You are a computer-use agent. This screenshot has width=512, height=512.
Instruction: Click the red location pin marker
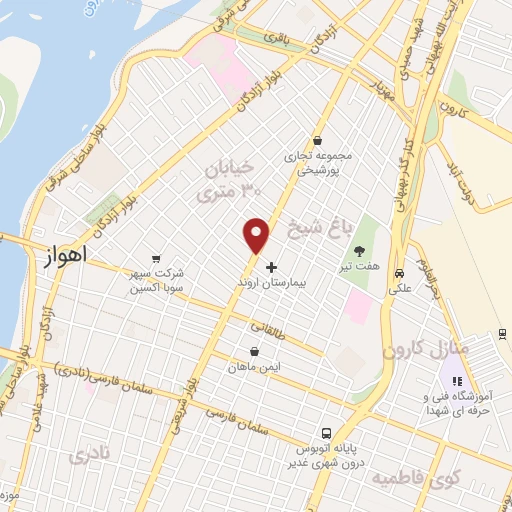(x=258, y=235)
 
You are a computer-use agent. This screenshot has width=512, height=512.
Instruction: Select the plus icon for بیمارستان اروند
(x=270, y=268)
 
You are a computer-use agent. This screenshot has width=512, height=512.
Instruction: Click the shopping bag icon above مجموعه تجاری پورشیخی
(x=316, y=141)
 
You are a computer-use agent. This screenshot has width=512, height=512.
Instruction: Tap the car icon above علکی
(x=400, y=273)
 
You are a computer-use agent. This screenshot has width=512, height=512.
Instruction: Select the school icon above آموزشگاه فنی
(x=455, y=381)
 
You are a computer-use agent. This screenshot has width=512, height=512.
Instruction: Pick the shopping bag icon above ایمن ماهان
(x=254, y=352)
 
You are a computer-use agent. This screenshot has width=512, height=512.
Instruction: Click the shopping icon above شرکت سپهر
(x=155, y=257)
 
